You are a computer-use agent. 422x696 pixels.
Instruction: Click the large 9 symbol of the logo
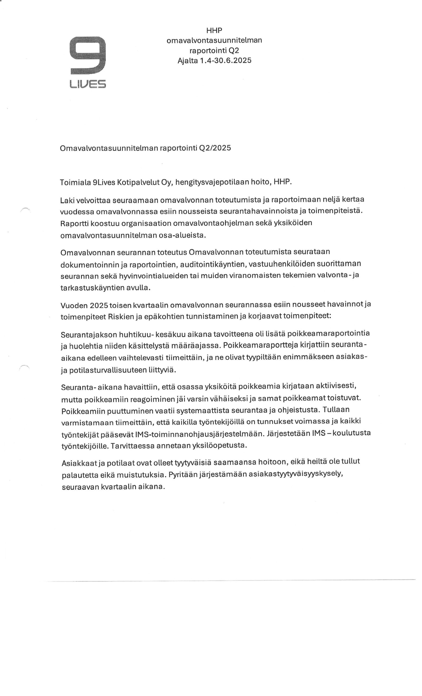[x=88, y=55]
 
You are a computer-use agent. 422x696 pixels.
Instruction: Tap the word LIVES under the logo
[x=88, y=84]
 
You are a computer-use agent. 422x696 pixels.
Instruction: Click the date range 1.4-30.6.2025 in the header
[x=225, y=60]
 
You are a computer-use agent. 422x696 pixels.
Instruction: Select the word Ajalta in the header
[x=188, y=60]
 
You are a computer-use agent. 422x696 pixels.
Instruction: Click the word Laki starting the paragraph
[x=66, y=200]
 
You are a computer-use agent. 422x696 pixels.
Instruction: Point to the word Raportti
[x=74, y=223]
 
